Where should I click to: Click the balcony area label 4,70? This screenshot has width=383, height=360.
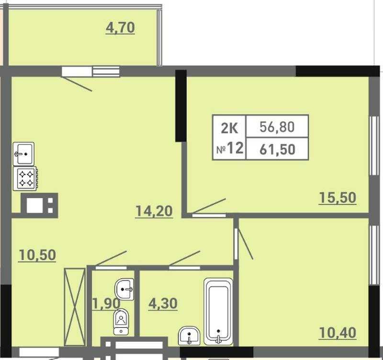click(120, 28)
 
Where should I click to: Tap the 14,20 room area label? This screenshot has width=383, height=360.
click(154, 211)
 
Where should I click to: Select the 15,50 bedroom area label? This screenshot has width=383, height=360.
click(338, 198)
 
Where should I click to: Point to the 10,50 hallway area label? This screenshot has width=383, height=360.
click(37, 255)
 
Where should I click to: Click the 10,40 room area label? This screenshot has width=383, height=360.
click(338, 333)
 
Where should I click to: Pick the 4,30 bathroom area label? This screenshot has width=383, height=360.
click(163, 304)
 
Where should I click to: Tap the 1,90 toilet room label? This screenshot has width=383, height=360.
click(106, 304)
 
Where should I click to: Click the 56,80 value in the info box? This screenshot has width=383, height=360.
click(277, 127)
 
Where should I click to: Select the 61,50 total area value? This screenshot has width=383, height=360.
click(277, 149)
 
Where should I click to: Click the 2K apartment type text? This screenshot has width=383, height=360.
click(229, 128)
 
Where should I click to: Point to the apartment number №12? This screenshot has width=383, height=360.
click(230, 148)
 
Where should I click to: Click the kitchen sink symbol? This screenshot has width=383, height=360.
click(23, 154)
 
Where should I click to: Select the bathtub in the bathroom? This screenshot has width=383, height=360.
click(218, 311)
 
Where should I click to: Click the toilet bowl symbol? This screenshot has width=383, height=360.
click(121, 322)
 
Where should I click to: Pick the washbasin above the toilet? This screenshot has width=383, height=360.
click(124, 290)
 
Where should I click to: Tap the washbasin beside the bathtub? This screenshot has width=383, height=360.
click(189, 336)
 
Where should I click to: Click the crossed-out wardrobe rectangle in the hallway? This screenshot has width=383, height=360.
click(75, 307)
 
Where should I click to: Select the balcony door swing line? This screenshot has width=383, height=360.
click(77, 84)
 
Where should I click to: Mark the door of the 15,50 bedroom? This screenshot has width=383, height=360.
click(209, 207)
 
